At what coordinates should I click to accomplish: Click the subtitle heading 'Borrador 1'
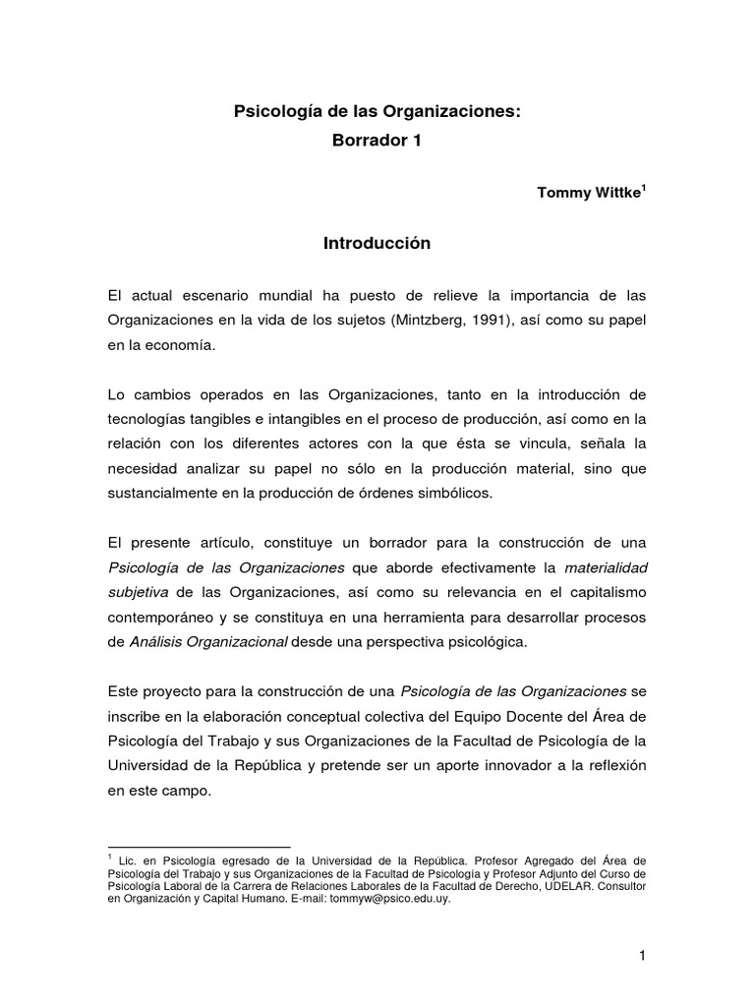pyautogui.click(x=377, y=141)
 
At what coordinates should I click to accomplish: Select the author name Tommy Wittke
pyautogui.click(x=588, y=192)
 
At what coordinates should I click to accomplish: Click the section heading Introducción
pyautogui.click(x=377, y=244)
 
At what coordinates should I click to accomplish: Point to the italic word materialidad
pyautogui.click(x=606, y=567)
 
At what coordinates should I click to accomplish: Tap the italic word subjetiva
pyautogui.click(x=138, y=592)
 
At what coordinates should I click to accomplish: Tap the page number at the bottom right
pyautogui.click(x=641, y=955)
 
